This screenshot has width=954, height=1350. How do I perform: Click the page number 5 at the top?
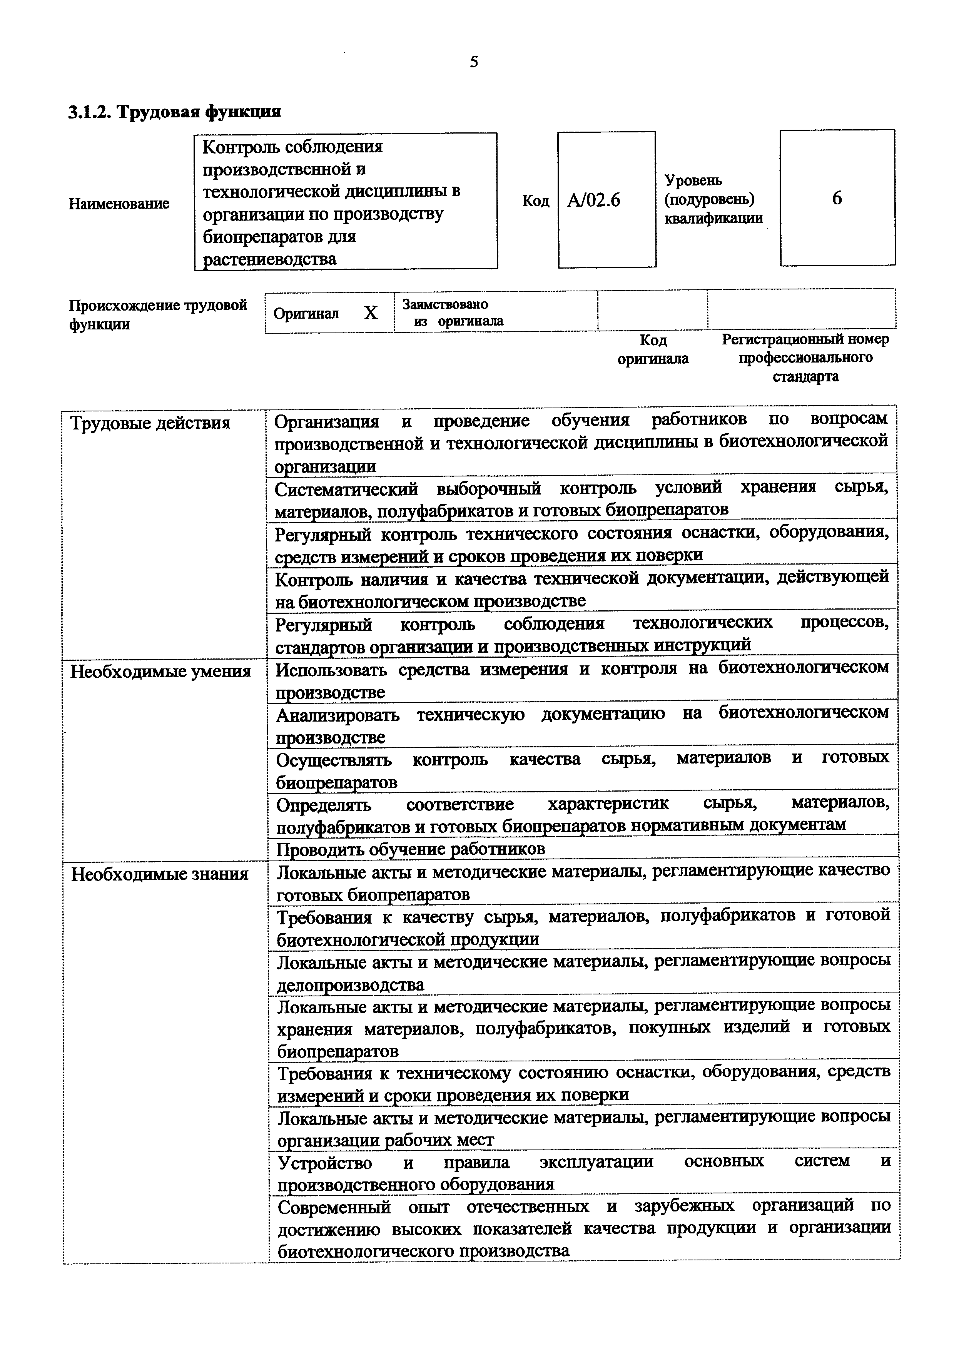point(474,62)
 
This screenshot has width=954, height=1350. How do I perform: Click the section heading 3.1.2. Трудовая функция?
point(175,112)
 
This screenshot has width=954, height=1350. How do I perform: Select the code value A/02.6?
point(594,201)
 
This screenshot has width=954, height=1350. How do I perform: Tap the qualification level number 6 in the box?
point(837,198)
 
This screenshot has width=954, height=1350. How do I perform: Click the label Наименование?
point(119,204)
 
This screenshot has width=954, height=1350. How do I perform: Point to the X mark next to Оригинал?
point(370,313)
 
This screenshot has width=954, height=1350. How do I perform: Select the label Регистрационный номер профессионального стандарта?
point(805,358)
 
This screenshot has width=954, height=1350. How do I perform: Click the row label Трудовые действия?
point(150,423)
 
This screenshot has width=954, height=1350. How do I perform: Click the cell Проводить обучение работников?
point(410,849)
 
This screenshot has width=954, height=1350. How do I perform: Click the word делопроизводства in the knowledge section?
point(350,984)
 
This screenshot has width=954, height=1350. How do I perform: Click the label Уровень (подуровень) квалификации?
point(713,199)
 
